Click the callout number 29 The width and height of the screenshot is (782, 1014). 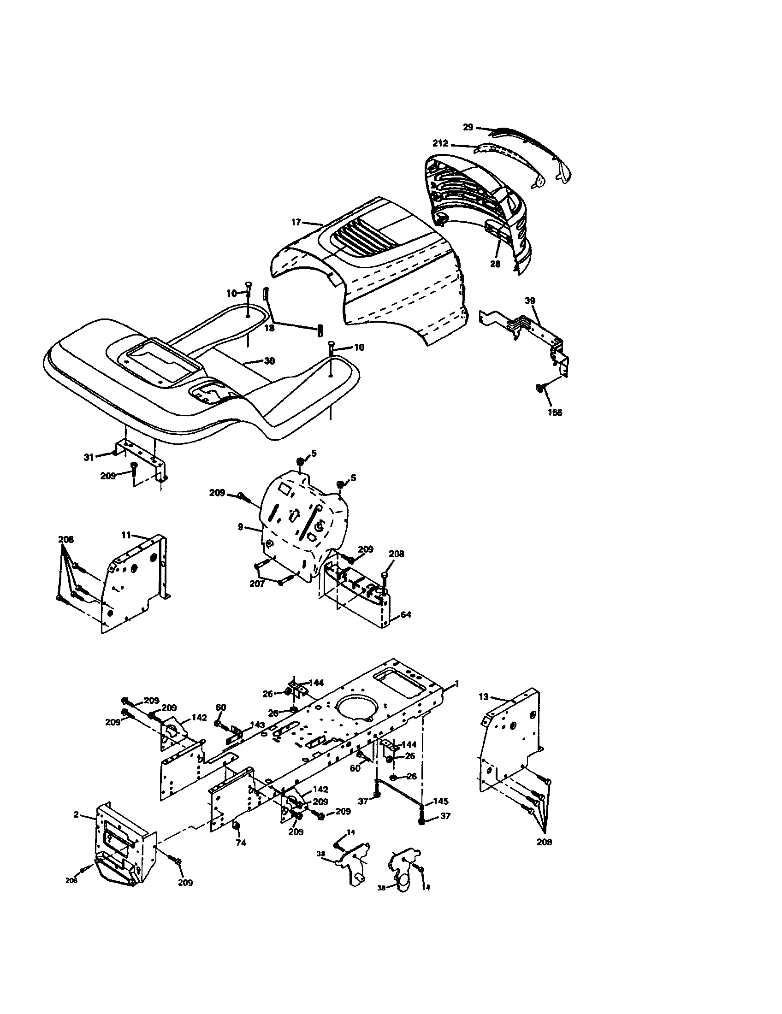[x=468, y=127]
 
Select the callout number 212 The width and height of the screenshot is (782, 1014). [x=440, y=143]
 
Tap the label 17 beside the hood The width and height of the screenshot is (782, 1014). [x=296, y=223]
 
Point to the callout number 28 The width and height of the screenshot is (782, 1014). [x=496, y=264]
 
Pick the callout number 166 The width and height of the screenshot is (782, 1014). [x=555, y=413]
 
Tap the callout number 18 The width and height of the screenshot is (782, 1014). [x=269, y=328]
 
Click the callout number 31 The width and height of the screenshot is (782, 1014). [x=89, y=457]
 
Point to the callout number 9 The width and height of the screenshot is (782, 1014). [x=240, y=527]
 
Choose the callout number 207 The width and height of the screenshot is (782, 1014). [x=257, y=584]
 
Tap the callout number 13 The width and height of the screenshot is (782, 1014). [x=484, y=697]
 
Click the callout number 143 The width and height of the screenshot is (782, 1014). [x=257, y=725]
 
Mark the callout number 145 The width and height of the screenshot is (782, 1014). [x=441, y=802]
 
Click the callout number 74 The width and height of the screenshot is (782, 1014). [x=241, y=843]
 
